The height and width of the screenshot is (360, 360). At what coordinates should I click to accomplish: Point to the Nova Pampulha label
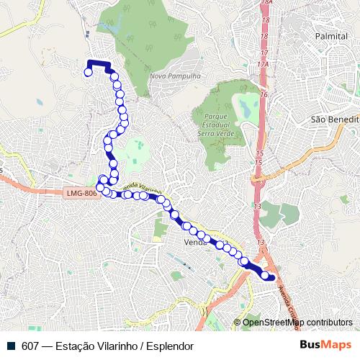pyautogui.click(x=170, y=76)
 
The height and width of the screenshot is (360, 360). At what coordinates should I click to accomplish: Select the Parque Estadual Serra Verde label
pyautogui.click(x=216, y=123)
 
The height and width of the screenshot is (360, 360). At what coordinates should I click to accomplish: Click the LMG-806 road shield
pyautogui.click(x=80, y=193)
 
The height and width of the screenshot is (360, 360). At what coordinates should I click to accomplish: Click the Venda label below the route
pyautogui.click(x=195, y=242)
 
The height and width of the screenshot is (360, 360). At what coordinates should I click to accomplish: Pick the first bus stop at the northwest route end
pyautogui.click(x=89, y=72)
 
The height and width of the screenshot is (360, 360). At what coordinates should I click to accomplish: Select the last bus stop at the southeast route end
pyautogui.click(x=271, y=276)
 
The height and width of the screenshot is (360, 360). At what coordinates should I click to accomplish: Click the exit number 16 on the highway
pyautogui.click(x=264, y=94)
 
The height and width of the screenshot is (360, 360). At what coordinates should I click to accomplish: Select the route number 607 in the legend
pyautogui.click(x=30, y=346)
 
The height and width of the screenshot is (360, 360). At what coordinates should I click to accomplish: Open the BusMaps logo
pyautogui.click(x=325, y=345)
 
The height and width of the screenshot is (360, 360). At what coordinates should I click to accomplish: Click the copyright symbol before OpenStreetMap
pyautogui.click(x=237, y=323)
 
